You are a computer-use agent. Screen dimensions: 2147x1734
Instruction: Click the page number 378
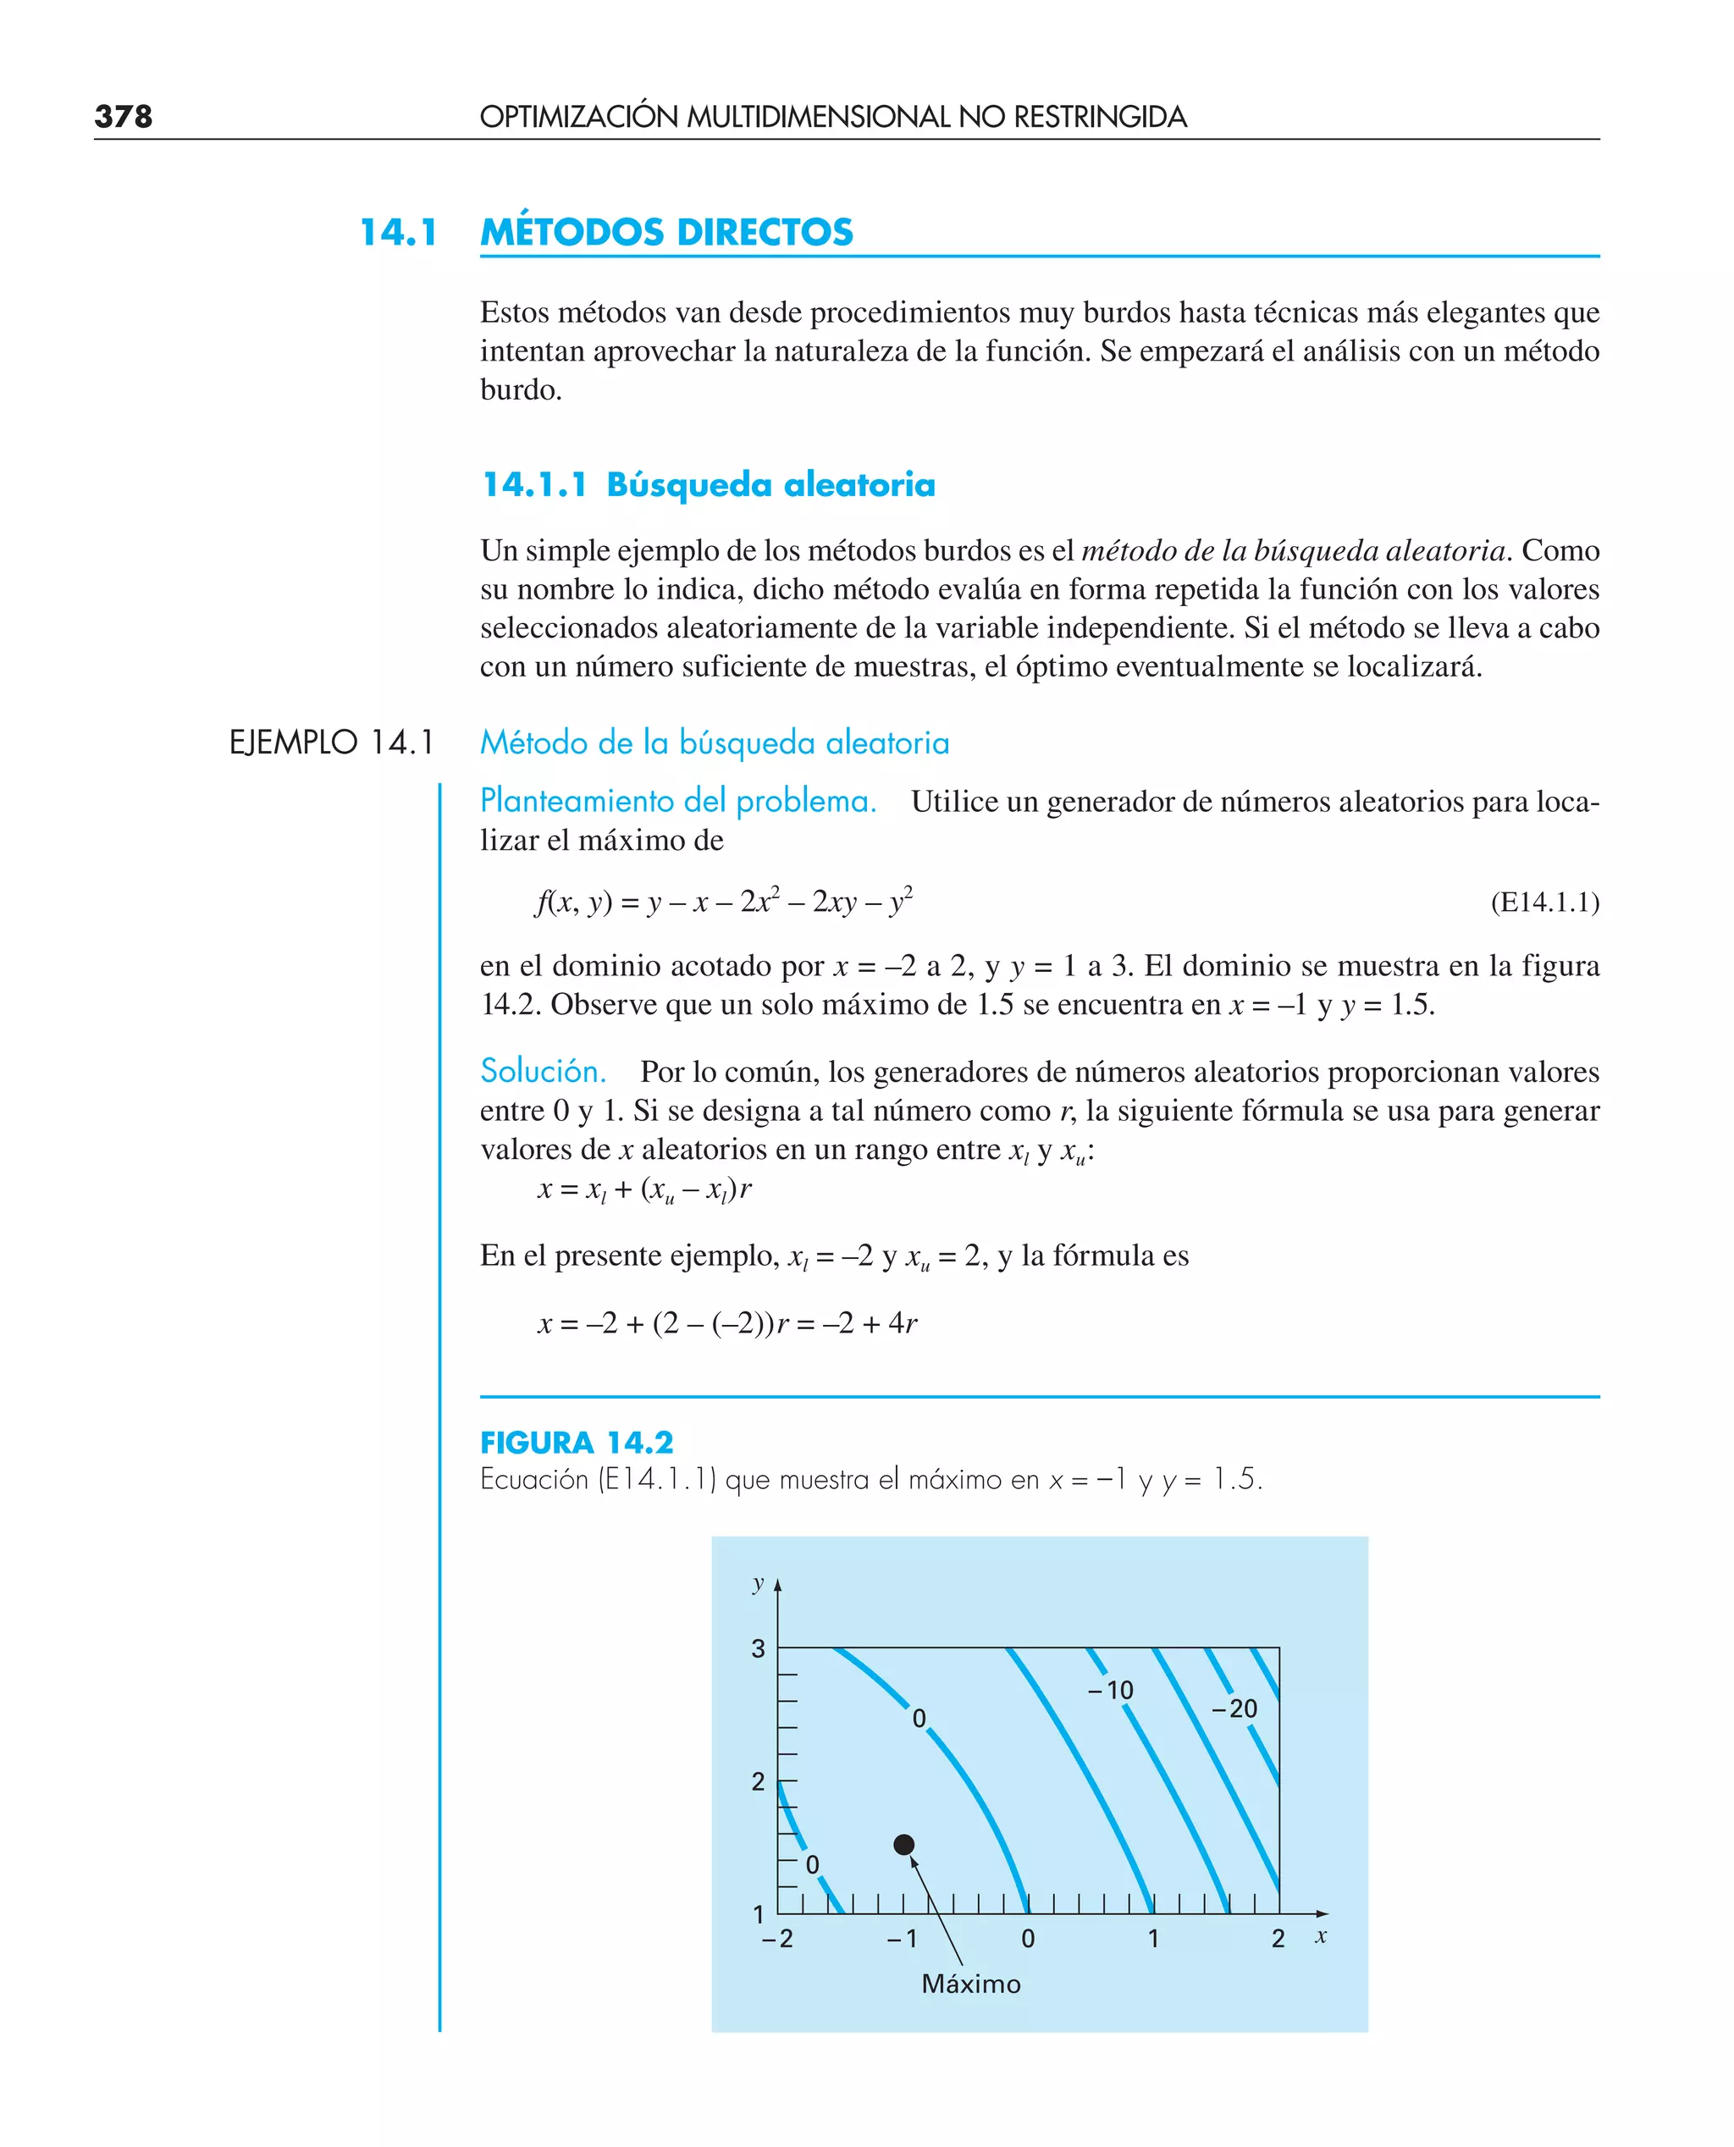(123, 116)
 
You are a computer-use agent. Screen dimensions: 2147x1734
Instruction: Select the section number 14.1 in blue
(399, 232)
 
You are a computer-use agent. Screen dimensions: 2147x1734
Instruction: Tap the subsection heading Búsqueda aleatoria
(770, 484)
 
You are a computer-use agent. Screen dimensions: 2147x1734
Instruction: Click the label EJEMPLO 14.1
(332, 742)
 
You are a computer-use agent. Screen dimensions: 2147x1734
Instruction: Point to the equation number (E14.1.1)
(1544, 902)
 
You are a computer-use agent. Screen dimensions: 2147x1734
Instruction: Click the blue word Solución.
(543, 1070)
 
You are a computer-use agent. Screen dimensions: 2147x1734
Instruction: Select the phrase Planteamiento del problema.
(677, 801)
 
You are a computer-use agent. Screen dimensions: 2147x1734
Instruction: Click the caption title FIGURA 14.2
(577, 1442)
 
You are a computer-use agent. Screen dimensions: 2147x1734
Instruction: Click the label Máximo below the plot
(971, 1984)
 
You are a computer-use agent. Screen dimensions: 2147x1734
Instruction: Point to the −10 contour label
(1111, 1691)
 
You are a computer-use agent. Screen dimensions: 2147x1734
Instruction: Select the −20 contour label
(1234, 1708)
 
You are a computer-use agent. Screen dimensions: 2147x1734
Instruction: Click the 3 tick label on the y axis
(758, 1648)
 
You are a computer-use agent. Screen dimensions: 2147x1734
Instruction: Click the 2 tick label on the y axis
(758, 1781)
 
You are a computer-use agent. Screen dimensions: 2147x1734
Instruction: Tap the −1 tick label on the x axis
(901, 1938)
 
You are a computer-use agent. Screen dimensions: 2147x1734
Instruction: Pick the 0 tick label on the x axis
(1028, 1938)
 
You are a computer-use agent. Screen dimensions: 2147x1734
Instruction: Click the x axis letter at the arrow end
(1321, 1936)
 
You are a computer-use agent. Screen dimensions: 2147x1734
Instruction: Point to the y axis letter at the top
(758, 1583)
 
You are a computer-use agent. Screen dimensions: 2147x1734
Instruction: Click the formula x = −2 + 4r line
(727, 1323)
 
